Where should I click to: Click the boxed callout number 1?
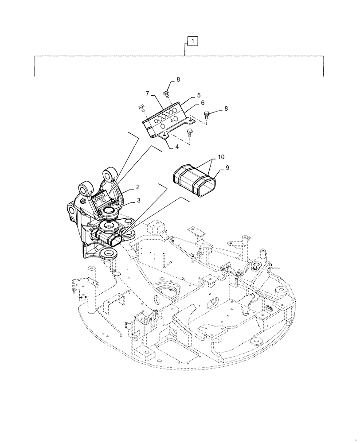click(x=193, y=41)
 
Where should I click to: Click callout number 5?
click(x=199, y=95)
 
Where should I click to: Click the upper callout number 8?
click(x=178, y=80)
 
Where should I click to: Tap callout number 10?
click(x=220, y=157)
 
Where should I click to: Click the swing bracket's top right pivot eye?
click(x=109, y=174)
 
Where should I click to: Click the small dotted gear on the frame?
click(x=258, y=267)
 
